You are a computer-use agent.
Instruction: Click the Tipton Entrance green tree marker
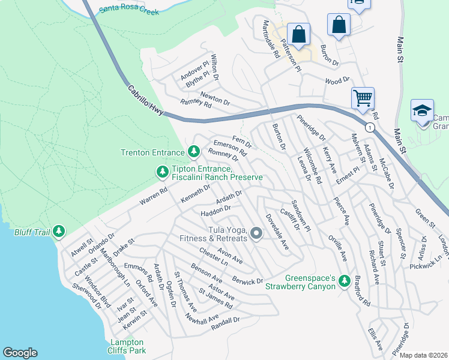coord(162,172)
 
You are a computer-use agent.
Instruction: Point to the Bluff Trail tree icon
coord(58,230)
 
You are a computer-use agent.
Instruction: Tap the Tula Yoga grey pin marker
coord(257,233)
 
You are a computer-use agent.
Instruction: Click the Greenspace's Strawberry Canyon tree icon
coord(345,281)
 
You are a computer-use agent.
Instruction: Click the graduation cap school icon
coord(422,110)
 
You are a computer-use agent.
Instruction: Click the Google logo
coord(20,353)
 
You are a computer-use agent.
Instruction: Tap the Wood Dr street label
coord(337,80)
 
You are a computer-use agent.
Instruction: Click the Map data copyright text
coord(424,355)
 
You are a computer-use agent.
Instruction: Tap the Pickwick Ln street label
coord(430,262)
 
